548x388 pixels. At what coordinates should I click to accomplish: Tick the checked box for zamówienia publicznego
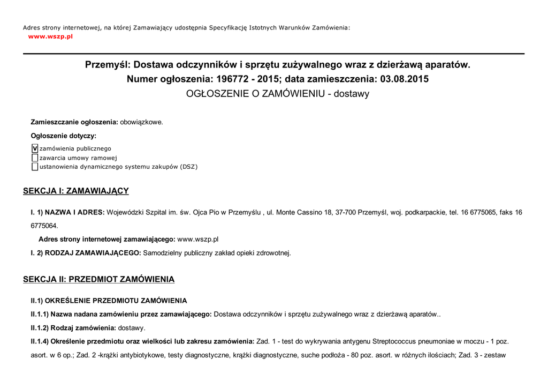[35, 148]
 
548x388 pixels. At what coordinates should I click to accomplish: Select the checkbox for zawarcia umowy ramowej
[35, 158]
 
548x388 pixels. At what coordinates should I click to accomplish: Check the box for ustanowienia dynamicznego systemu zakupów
[35, 167]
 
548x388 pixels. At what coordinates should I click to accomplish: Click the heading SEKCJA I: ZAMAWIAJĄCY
[75, 191]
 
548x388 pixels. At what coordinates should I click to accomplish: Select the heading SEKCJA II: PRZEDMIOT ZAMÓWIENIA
[98, 280]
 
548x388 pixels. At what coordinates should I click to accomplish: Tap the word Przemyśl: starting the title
[107, 65]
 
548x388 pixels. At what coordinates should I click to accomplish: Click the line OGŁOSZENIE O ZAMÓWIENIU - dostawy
[277, 94]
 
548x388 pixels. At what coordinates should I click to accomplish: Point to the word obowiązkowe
[141, 122]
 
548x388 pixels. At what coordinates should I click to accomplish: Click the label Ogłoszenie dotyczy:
[63, 136]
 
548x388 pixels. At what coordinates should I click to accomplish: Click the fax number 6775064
[44, 226]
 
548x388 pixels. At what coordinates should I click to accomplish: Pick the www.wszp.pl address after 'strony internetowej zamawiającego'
[197, 240]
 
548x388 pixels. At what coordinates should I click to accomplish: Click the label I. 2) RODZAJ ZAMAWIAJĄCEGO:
[86, 253]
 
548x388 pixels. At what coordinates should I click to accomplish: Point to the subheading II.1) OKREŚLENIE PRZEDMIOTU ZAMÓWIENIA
[109, 301]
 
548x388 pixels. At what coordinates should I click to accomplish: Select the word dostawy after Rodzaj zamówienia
[131, 328]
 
